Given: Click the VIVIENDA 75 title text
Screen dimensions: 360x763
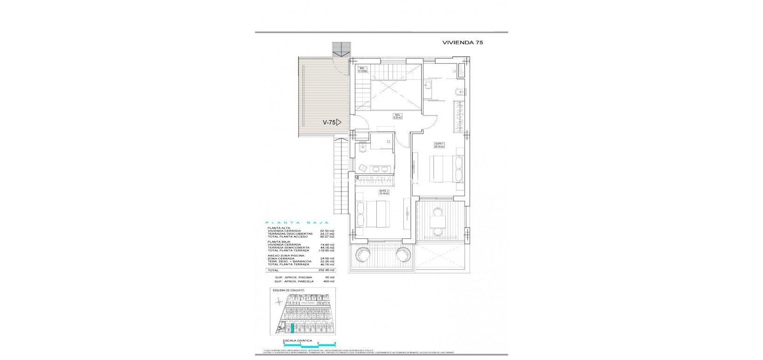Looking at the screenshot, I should tap(462, 42).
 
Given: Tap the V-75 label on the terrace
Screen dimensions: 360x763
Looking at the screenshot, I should tap(330, 122).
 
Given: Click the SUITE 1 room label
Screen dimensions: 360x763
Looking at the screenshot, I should tap(439, 145).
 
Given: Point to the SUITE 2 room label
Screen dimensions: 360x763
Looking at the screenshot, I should tap(383, 191).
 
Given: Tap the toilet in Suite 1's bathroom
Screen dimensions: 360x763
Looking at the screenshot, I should tap(459, 91).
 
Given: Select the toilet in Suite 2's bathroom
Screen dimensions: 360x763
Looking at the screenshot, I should tap(363, 147).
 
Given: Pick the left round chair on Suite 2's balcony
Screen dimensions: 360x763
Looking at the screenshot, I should tap(362, 255).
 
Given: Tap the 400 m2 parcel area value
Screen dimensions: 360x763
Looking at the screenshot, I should tap(328, 281).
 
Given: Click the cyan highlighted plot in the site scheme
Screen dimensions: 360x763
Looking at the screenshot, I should tap(293, 329).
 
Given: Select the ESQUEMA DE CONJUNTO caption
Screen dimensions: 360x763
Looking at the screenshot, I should tap(289, 290).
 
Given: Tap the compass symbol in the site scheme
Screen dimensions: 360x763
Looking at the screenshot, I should tap(279, 302).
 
